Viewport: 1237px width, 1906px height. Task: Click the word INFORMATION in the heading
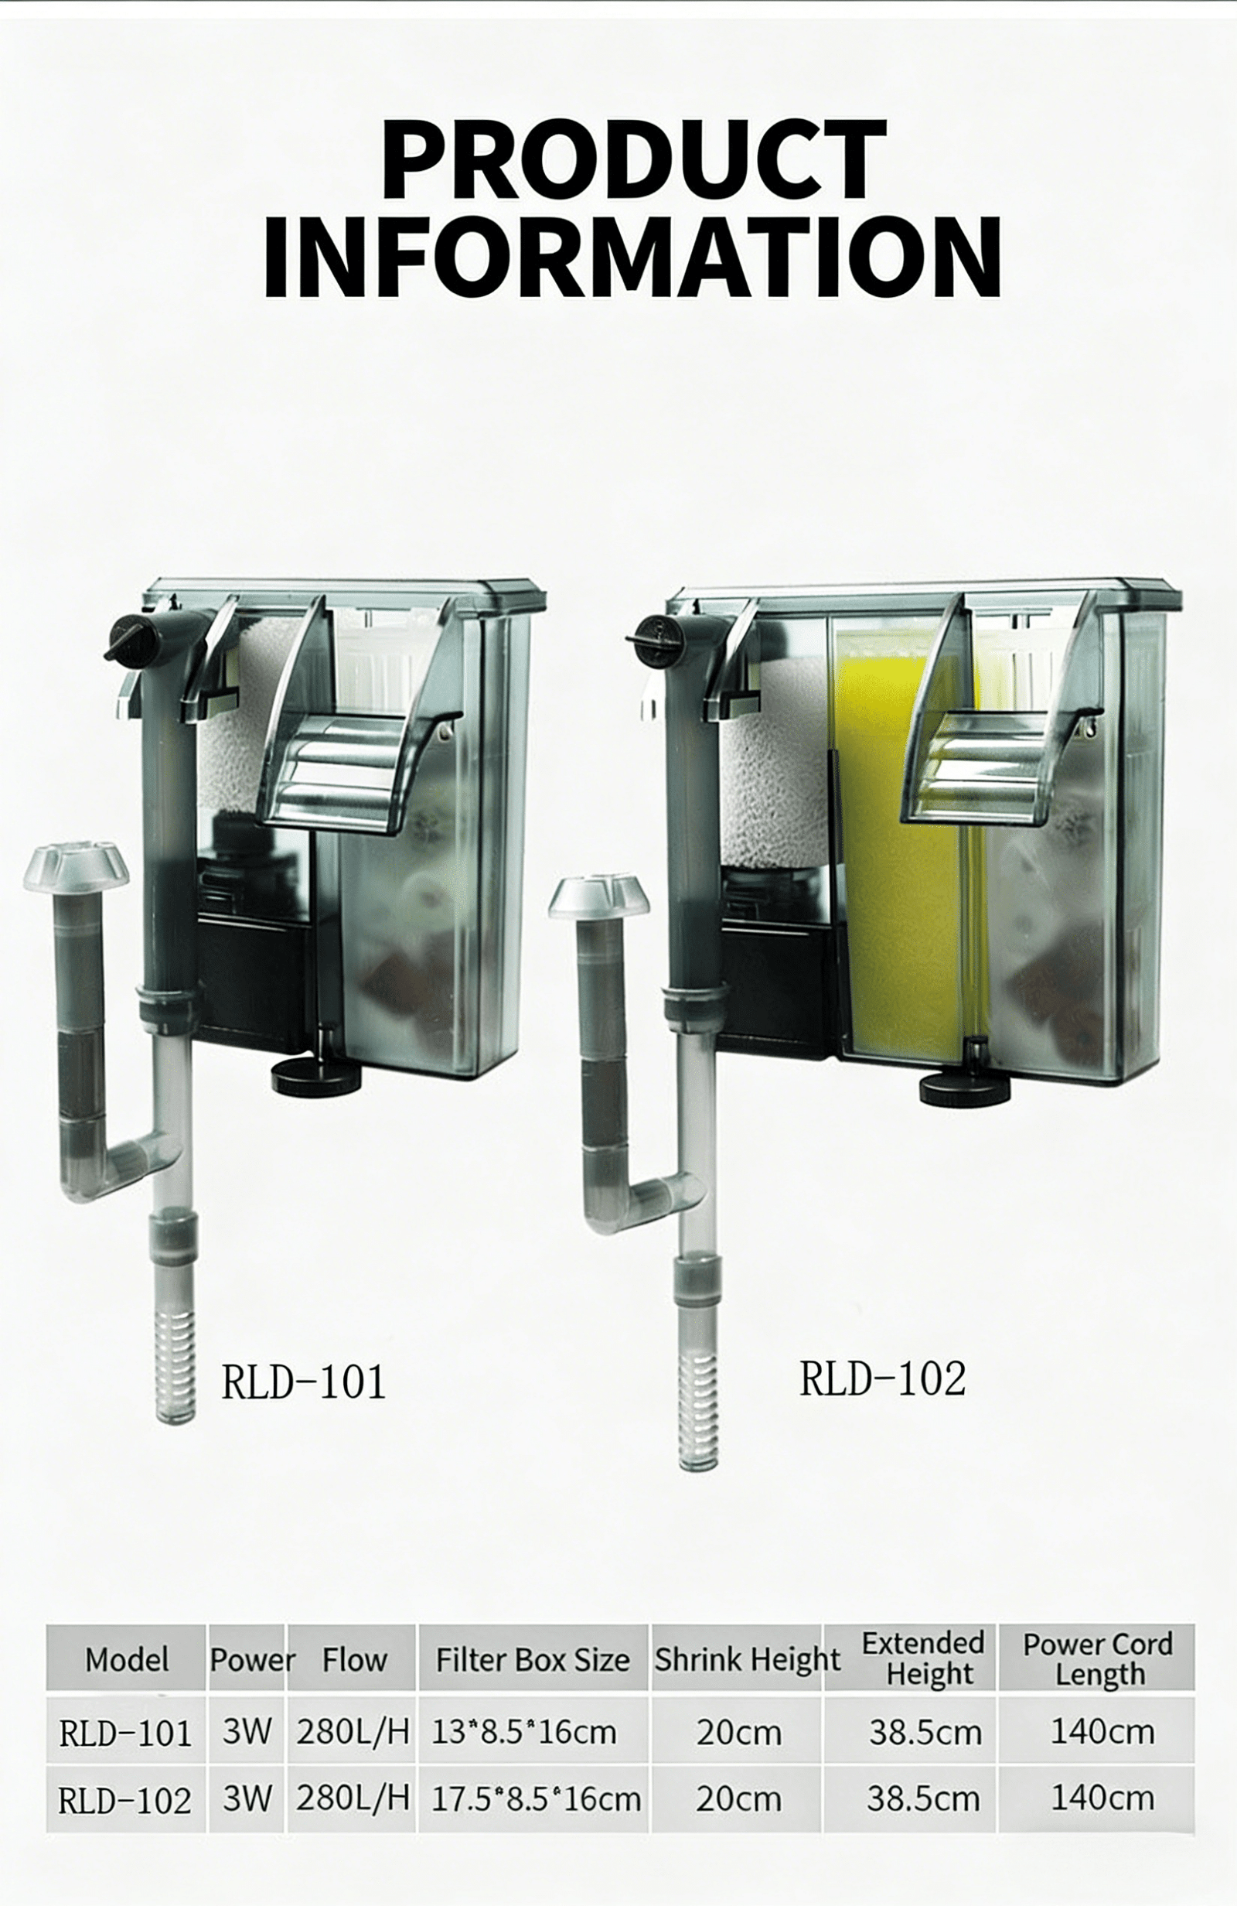632,257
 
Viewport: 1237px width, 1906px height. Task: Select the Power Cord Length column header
1097,1659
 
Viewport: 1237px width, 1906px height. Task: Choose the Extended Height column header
922,1659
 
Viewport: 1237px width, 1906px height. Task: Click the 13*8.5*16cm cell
524,1733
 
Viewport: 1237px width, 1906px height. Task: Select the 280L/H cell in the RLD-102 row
353,1798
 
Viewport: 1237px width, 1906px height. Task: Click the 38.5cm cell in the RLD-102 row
922,1799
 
